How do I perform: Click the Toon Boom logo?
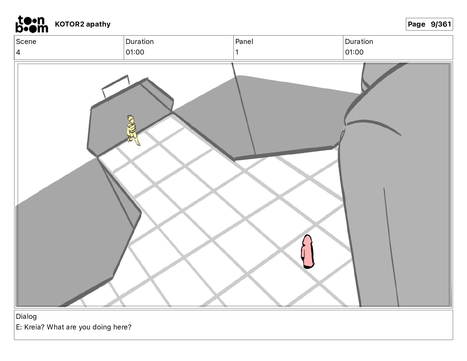pos(32,24)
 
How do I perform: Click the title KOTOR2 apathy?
pos(83,24)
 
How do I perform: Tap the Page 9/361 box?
pos(429,24)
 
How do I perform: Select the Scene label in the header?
pos(26,42)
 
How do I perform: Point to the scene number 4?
pos(18,52)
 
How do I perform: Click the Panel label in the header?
pos(244,42)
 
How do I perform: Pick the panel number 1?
pos(237,52)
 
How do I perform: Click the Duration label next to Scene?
pos(140,42)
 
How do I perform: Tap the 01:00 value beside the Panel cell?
pos(354,52)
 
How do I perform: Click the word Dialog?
pos(27,316)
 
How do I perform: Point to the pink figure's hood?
pos(307,240)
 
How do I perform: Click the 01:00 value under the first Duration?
pos(135,52)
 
